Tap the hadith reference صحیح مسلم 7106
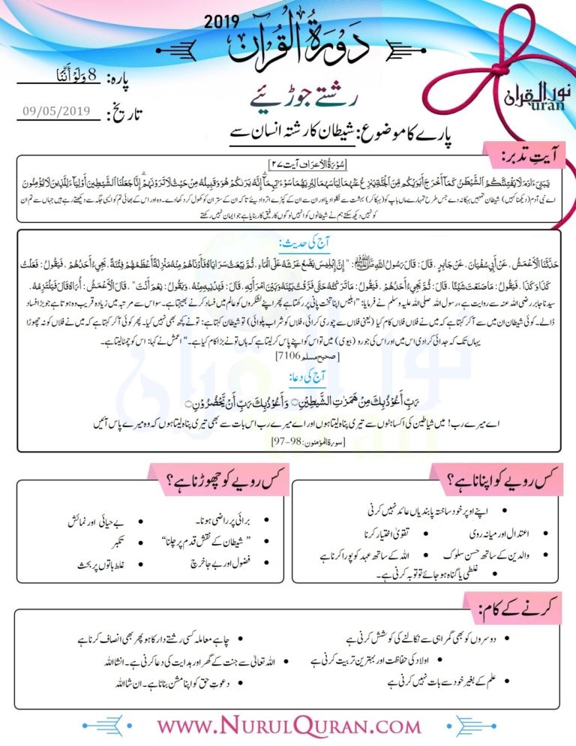pos(288,353)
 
